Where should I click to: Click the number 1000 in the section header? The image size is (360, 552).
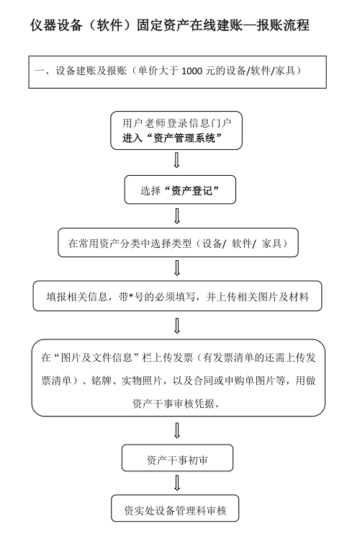pos(192,71)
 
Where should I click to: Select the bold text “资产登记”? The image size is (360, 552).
pos(192,191)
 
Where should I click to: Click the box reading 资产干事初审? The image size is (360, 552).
pos(177,458)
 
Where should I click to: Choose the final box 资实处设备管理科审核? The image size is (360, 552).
pos(175,508)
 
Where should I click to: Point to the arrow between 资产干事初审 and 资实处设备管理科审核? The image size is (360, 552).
pos(177,483)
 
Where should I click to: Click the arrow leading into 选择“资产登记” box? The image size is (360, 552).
pos(177,160)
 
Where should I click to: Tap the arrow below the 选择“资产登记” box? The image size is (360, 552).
pos(177,215)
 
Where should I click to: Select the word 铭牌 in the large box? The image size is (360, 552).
pos(102,380)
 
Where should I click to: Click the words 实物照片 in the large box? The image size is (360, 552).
pos(142,380)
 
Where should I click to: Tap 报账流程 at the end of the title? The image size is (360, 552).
pos(283,25)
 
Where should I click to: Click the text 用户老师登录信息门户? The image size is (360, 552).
pos(176,123)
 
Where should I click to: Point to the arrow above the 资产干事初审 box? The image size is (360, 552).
pos(177,430)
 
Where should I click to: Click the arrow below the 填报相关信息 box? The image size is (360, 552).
pos(177,326)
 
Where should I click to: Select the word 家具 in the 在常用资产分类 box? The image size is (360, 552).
pos(271,244)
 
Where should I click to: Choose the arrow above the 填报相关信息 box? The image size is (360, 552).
pos(177,268)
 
